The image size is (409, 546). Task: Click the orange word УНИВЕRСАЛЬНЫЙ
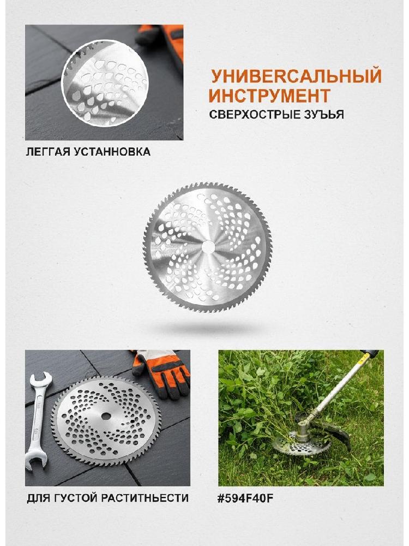click(x=296, y=76)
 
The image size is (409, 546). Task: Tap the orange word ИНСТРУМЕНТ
click(x=269, y=96)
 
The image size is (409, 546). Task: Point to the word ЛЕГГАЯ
click(x=49, y=152)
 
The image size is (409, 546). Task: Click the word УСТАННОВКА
click(x=112, y=152)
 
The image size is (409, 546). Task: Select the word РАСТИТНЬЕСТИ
click(x=145, y=498)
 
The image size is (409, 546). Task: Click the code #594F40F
click(x=245, y=498)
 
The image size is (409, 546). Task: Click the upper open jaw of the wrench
click(x=41, y=381)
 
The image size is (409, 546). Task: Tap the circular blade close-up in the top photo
click(x=105, y=83)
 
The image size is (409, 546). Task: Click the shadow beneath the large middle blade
click(x=208, y=328)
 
